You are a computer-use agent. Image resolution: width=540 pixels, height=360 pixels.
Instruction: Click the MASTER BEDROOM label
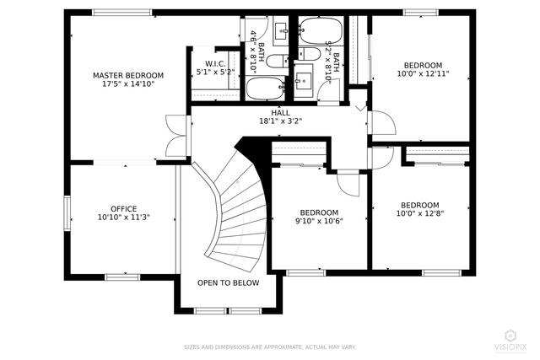[x=127, y=75]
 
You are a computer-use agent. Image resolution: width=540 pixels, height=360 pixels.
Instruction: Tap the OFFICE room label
[x=123, y=208]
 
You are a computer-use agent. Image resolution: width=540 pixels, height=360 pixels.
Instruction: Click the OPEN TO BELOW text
[x=228, y=283]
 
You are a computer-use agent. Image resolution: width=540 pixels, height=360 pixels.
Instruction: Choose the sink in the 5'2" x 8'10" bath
[x=305, y=83]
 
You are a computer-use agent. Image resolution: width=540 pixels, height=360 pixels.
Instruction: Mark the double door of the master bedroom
[x=178, y=135]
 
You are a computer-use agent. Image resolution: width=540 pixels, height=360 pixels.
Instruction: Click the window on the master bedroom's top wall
[x=121, y=12]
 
